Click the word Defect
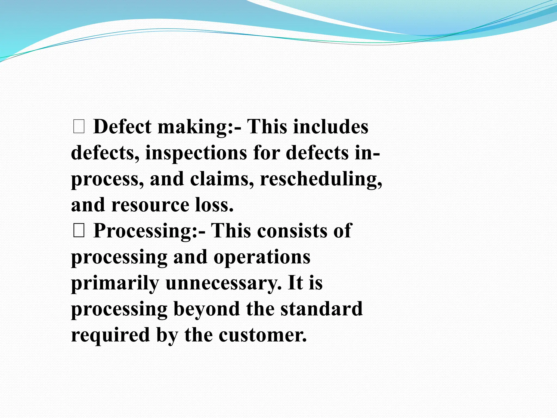point(122,127)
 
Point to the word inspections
point(196,153)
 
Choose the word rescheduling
point(321,179)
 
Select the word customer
point(263,335)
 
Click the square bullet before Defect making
point(79,127)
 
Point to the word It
point(295,283)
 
